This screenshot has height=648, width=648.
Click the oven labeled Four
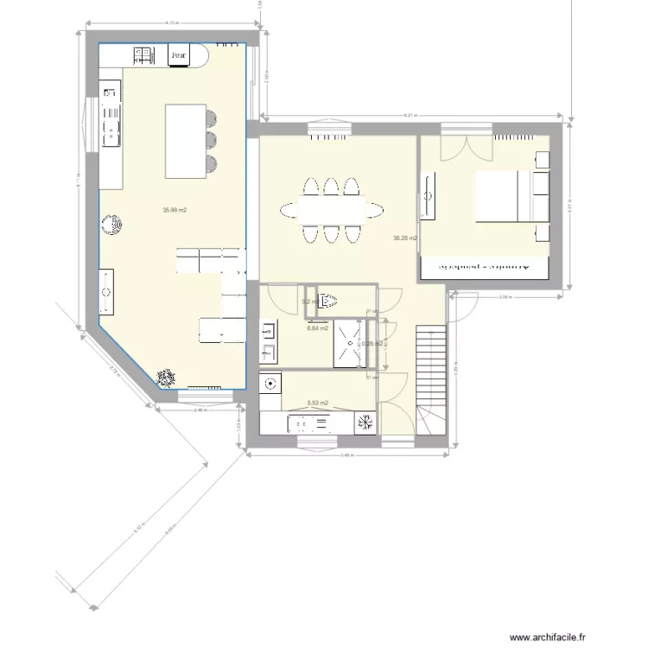(x=178, y=56)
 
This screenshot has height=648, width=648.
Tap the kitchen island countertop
(x=186, y=140)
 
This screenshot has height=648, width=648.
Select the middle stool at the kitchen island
(x=212, y=140)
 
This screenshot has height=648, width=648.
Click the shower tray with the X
(x=349, y=344)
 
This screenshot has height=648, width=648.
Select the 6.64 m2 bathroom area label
(x=317, y=328)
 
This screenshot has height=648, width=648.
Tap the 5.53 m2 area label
(x=317, y=403)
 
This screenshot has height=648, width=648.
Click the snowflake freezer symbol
(x=365, y=422)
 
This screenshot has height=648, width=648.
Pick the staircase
(x=431, y=380)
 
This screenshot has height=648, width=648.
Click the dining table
(x=332, y=208)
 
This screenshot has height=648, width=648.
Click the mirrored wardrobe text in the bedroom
(x=484, y=268)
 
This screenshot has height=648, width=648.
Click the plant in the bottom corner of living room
(x=165, y=377)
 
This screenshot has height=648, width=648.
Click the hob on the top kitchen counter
(x=143, y=55)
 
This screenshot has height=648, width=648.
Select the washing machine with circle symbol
(x=270, y=383)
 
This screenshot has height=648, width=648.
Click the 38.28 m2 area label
(x=404, y=238)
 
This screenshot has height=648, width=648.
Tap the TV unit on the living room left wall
(x=106, y=292)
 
